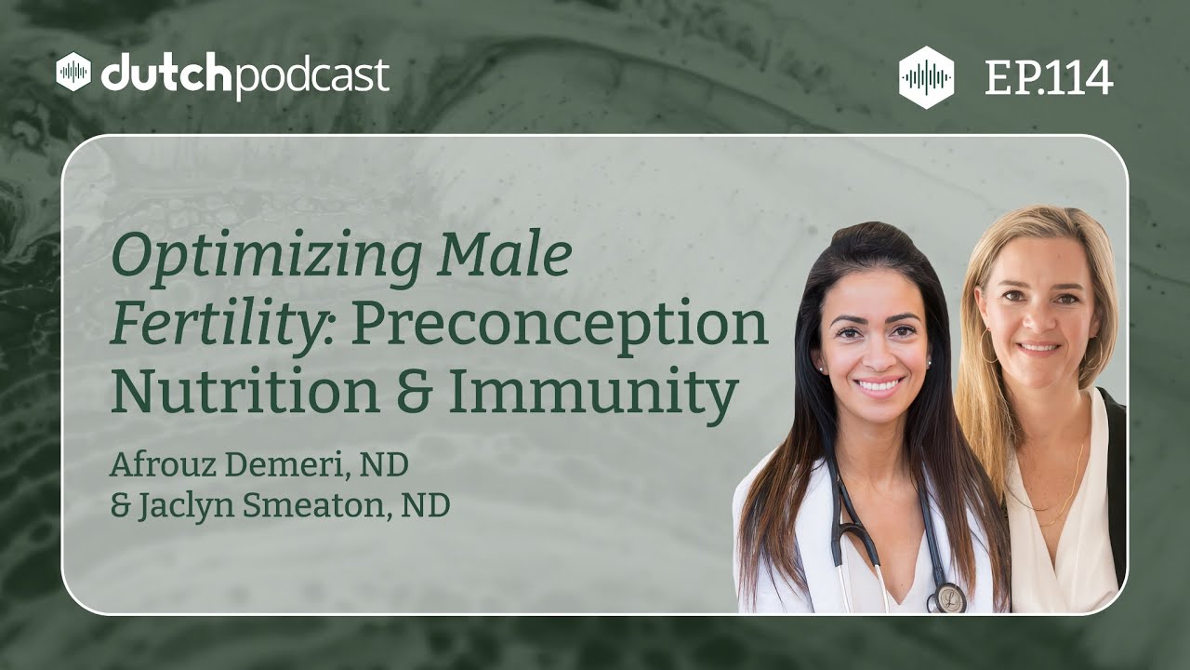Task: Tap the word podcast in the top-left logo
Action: coord(311,76)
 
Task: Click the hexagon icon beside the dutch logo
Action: coord(73,73)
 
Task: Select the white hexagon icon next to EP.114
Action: coord(926,78)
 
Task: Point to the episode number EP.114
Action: coord(1049,79)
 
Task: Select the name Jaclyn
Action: coord(186,506)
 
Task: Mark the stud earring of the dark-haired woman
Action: coord(822,368)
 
